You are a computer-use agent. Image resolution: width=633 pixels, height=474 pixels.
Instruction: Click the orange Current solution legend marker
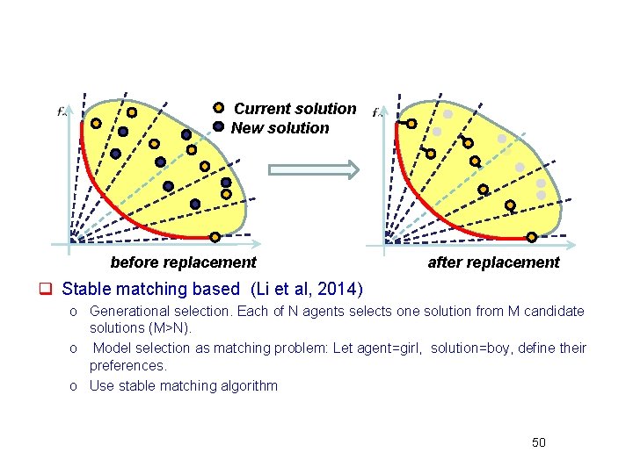point(219,108)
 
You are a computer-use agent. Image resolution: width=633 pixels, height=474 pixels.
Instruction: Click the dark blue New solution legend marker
point(219,126)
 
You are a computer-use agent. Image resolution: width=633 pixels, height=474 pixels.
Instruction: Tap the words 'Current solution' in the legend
point(295,109)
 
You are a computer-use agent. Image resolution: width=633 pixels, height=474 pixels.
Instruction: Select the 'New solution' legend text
point(280,128)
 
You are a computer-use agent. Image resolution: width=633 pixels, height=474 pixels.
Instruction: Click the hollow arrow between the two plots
point(314,169)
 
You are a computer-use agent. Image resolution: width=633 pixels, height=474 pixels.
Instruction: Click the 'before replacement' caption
point(183,262)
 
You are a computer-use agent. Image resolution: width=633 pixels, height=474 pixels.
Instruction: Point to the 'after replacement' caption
point(493,262)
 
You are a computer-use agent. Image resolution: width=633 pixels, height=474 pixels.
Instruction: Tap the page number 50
point(539,442)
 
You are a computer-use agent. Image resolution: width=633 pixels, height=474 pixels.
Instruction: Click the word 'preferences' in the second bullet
point(127,365)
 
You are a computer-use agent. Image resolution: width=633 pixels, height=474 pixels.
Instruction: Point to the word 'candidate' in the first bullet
point(556,311)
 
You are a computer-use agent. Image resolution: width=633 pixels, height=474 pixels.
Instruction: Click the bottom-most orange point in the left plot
point(215,236)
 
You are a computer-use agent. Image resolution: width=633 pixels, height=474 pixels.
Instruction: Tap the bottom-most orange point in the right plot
point(532,236)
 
